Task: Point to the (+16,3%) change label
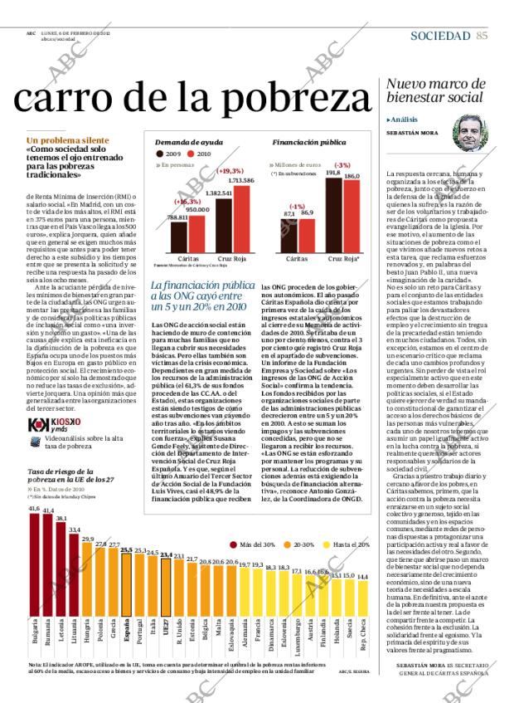(188, 202)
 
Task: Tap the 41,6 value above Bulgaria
(34, 531)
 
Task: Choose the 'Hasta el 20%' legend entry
(342, 521)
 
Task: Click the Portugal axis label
(140, 652)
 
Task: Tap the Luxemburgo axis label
(297, 656)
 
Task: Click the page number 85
(482, 35)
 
